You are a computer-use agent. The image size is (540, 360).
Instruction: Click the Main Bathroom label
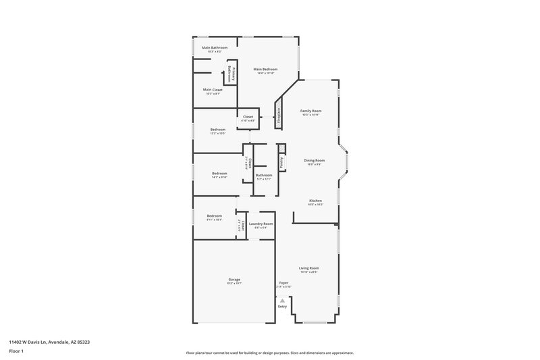pyautogui.click(x=215, y=48)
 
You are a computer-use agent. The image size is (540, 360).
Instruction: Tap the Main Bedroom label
pyautogui.click(x=265, y=69)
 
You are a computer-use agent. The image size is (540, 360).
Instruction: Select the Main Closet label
pyautogui.click(x=213, y=90)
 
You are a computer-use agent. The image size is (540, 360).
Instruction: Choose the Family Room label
pyautogui.click(x=310, y=111)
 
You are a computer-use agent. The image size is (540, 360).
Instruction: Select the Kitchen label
pyautogui.click(x=315, y=201)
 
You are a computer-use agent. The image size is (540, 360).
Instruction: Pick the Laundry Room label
pyautogui.click(x=261, y=224)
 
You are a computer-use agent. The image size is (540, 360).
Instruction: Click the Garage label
pyautogui.click(x=234, y=280)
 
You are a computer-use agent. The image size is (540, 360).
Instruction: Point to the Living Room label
pyautogui.click(x=309, y=268)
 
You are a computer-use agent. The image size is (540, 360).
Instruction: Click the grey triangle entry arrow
pyautogui.click(x=283, y=301)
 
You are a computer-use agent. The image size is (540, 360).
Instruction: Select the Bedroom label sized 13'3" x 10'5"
pyautogui.click(x=217, y=130)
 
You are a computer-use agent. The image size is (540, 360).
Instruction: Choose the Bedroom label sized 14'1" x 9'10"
pyautogui.click(x=219, y=174)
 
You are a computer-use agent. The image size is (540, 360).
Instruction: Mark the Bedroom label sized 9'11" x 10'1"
pyautogui.click(x=214, y=216)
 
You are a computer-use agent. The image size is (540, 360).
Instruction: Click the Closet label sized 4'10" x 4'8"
pyautogui.click(x=248, y=117)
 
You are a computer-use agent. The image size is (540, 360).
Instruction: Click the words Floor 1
pyautogui.click(x=16, y=352)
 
